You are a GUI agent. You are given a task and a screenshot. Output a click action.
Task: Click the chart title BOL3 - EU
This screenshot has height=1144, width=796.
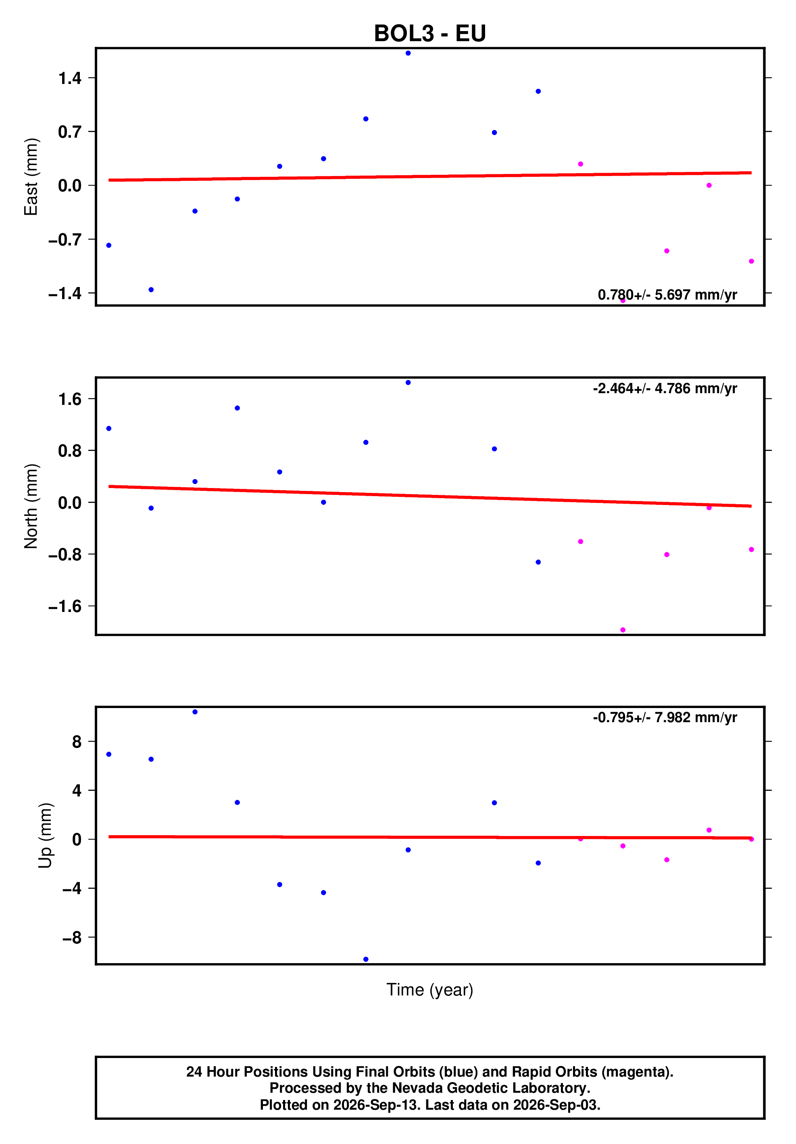click(429, 34)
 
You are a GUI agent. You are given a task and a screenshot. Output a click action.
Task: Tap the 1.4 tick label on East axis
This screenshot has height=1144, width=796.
click(70, 78)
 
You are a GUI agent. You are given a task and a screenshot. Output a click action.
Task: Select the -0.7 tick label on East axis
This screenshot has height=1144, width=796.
click(65, 240)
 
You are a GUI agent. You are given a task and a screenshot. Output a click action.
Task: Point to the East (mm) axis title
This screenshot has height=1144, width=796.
click(31, 177)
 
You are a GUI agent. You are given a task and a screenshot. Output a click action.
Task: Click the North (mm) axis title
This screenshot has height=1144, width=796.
click(31, 506)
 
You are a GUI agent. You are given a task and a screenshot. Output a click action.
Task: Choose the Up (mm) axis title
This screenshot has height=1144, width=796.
click(45, 836)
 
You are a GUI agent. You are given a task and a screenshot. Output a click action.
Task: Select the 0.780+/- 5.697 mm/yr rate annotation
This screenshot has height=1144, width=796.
click(667, 295)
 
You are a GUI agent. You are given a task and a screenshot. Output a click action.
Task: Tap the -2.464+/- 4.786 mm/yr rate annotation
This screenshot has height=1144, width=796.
click(665, 388)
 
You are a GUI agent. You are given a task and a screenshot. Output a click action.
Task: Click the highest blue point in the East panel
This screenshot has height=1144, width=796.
click(408, 53)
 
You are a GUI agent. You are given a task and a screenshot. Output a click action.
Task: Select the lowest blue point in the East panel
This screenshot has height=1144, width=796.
click(151, 290)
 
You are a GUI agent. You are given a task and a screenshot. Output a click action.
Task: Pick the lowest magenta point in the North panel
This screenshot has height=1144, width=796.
click(623, 630)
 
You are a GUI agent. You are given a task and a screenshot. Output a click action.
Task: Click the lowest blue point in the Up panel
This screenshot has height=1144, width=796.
click(366, 959)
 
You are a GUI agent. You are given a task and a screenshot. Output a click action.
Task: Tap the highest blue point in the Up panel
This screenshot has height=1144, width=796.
click(195, 712)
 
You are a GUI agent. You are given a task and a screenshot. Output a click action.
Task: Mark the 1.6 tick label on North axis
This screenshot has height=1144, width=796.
click(70, 399)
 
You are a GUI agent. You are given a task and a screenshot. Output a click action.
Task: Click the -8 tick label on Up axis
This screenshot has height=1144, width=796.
click(72, 938)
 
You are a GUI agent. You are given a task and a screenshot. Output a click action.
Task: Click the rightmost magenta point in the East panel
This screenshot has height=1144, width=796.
click(751, 262)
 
